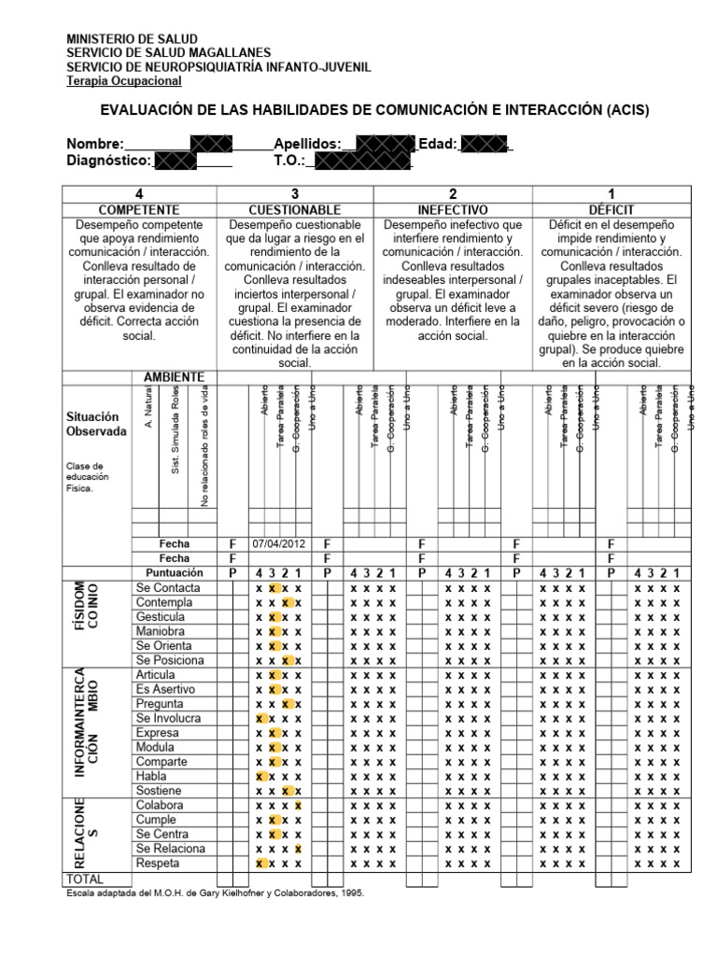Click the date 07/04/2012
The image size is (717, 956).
tap(279, 543)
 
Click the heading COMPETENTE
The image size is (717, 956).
tap(138, 210)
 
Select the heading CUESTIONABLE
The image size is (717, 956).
tap(295, 210)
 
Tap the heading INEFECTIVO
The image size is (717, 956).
tap(453, 210)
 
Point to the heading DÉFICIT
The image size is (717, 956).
tap(612, 210)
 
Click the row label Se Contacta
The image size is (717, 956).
tap(168, 588)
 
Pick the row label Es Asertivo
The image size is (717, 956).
tap(165, 689)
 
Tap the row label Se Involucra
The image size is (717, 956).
tap(170, 718)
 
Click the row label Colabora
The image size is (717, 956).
tap(160, 805)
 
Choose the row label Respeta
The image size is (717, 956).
tap(159, 863)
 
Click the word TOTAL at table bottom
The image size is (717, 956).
tap(84, 879)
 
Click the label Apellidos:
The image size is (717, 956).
tap(307, 144)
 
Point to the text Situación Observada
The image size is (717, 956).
tap(96, 424)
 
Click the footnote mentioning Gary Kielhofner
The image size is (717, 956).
tap(215, 893)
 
